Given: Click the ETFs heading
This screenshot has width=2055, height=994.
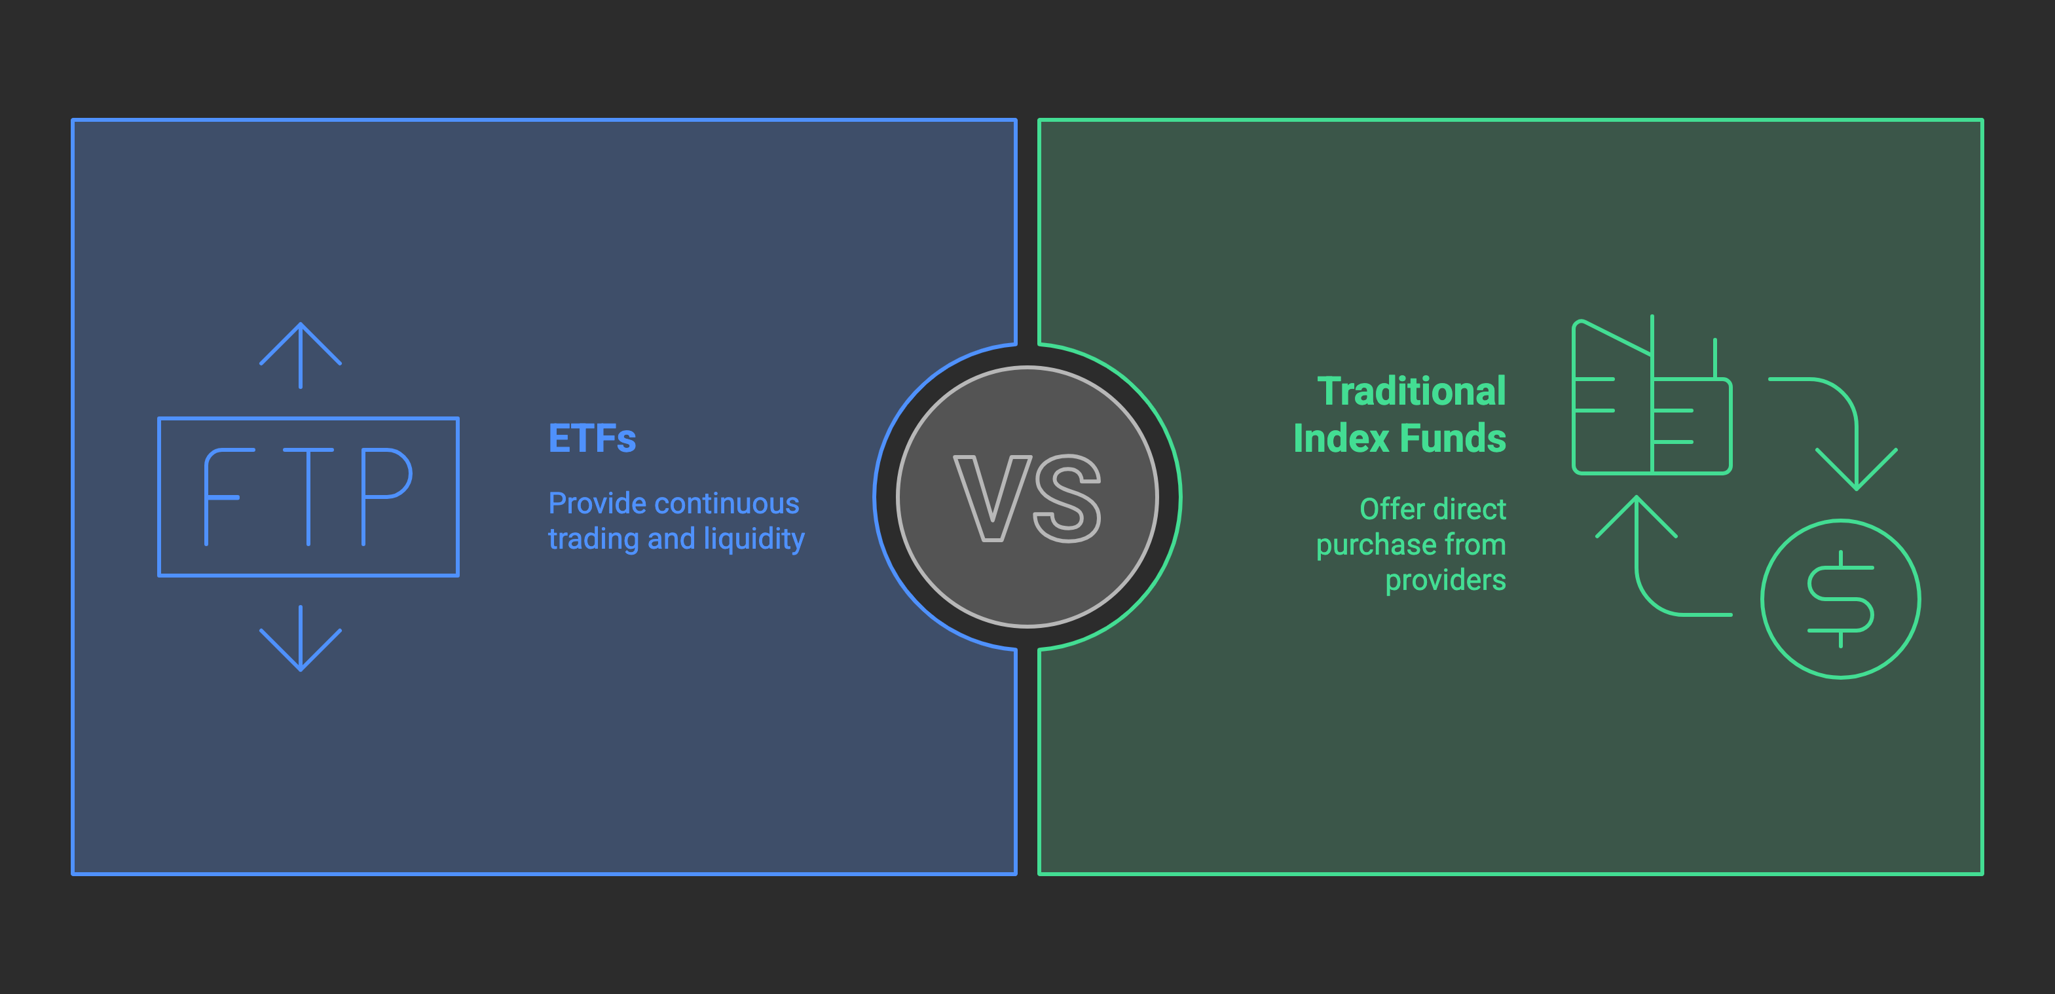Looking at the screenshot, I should (592, 439).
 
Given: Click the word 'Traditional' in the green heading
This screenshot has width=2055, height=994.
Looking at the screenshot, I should (1411, 392).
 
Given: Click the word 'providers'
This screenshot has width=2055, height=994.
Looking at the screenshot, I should (1445, 580).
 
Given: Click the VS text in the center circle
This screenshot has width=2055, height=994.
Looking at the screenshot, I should (1027, 498).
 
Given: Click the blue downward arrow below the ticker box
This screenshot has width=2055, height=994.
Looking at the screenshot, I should (301, 639).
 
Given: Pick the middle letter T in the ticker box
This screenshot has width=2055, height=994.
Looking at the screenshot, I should (308, 496).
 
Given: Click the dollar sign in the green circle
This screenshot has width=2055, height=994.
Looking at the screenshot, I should (1840, 599).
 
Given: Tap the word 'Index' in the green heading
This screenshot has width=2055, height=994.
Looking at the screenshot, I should (1341, 439).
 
